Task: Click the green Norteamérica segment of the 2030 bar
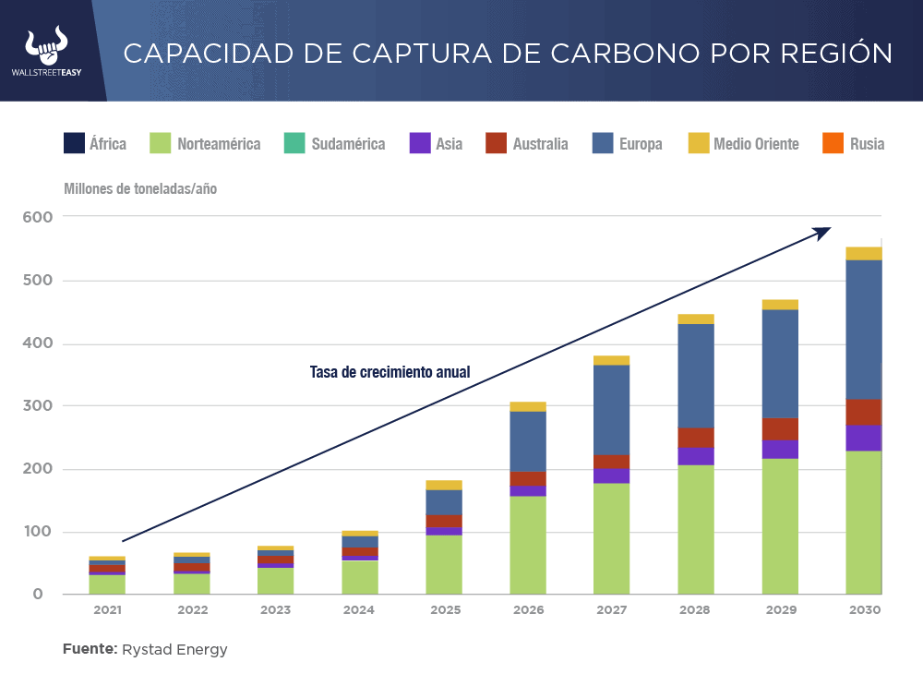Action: click(x=864, y=522)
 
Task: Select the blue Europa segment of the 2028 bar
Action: click(x=696, y=376)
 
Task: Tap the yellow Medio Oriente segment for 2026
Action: click(x=528, y=406)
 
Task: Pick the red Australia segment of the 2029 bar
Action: click(x=780, y=429)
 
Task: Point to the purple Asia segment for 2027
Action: click(x=612, y=475)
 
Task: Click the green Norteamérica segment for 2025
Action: click(x=444, y=564)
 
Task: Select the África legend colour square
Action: click(x=74, y=143)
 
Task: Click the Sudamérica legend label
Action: click(x=348, y=144)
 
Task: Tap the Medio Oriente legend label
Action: click(x=756, y=144)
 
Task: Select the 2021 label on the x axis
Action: click(x=108, y=610)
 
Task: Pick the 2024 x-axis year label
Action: click(x=360, y=610)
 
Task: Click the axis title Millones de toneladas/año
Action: click(x=140, y=188)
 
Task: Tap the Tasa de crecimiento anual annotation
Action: click(x=390, y=373)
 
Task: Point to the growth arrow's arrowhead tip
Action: click(x=831, y=229)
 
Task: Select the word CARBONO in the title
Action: click(x=547, y=53)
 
